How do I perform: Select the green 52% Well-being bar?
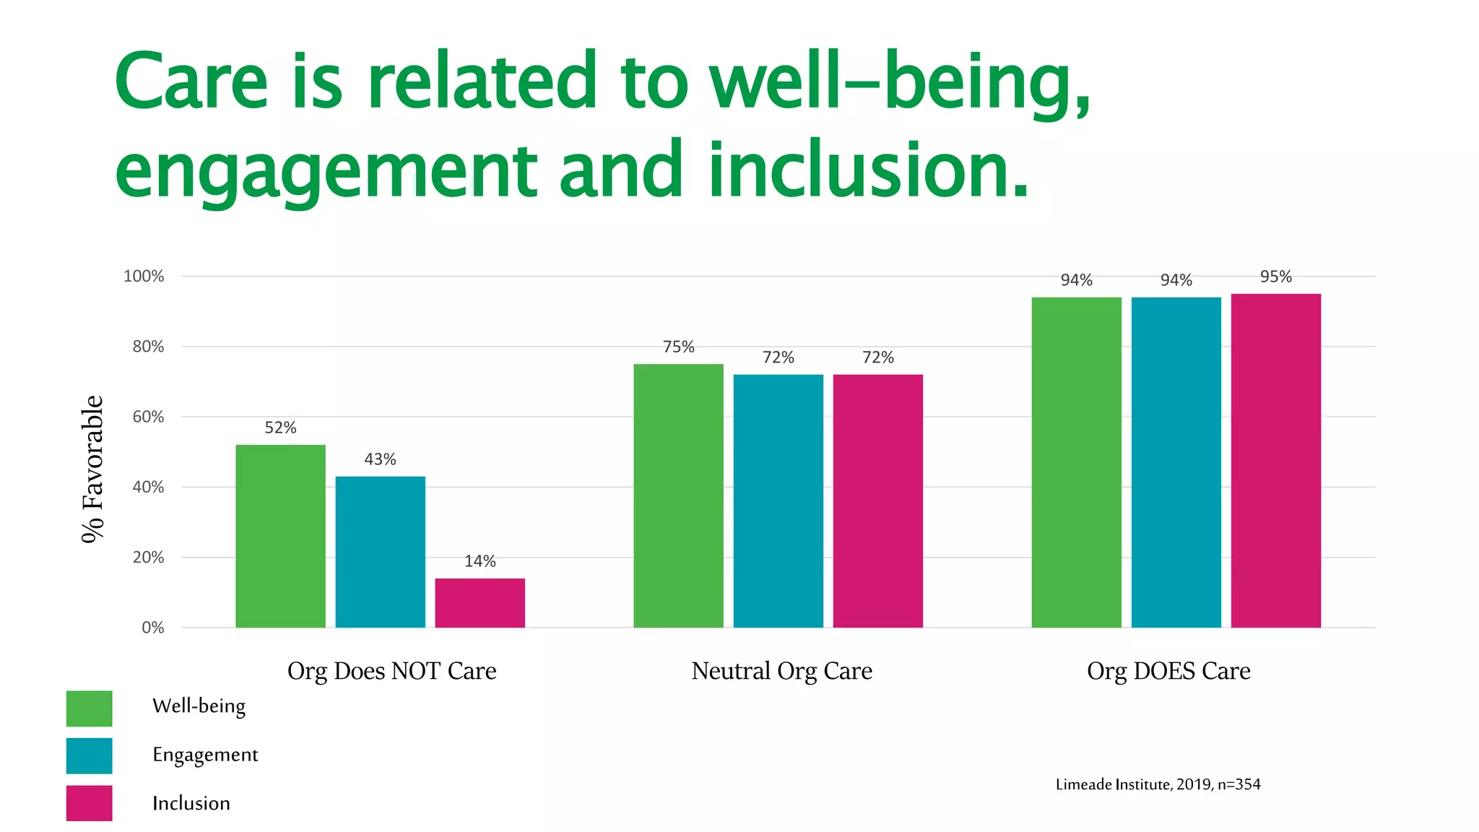280,536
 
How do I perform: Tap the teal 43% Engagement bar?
380,552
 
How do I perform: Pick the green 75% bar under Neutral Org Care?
678,495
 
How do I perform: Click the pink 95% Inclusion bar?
1275,460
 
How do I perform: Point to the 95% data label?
1275,277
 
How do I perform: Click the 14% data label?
480,561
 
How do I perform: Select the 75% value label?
678,347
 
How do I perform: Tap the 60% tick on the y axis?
148,417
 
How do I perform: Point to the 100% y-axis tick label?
144,276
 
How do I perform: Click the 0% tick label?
152,628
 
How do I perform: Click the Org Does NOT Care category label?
391,671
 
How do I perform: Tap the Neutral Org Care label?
781,671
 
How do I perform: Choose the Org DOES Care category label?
1168,671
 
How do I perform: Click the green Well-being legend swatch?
89,708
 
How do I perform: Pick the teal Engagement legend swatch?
89,755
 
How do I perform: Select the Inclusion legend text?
191,803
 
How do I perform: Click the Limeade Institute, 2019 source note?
1158,784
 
